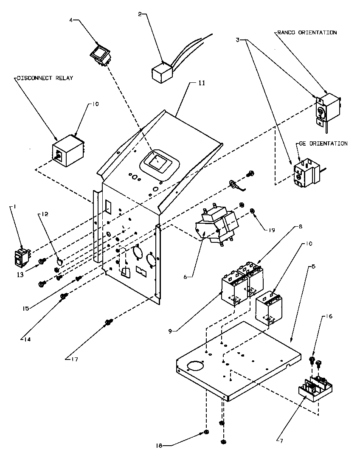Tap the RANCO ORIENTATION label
click(x=306, y=33)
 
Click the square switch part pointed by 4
click(x=101, y=55)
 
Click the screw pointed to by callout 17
click(x=108, y=323)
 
